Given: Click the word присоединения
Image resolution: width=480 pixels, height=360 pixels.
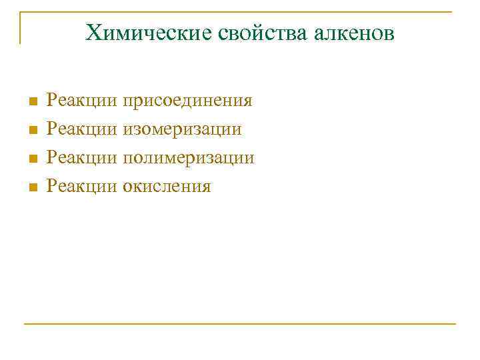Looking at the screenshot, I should (187, 101).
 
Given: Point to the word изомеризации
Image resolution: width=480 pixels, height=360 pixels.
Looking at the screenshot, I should (182, 129).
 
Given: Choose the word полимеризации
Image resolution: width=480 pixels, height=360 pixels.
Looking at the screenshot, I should (188, 158).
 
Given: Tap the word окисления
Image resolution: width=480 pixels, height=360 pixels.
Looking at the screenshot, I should (167, 186).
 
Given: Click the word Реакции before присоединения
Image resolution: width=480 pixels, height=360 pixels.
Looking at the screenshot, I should (82, 101).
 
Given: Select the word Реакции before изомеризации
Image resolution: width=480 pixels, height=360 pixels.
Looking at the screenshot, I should (82, 129).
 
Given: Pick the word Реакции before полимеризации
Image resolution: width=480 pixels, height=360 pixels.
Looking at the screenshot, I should (82, 158).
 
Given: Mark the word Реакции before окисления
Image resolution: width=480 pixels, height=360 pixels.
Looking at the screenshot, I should (82, 186).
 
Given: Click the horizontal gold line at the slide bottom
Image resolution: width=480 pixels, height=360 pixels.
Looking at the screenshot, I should (240, 324).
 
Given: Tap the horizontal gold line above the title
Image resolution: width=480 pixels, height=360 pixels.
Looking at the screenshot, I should (240, 12).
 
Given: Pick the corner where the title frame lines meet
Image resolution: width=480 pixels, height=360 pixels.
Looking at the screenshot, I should (20, 12).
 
